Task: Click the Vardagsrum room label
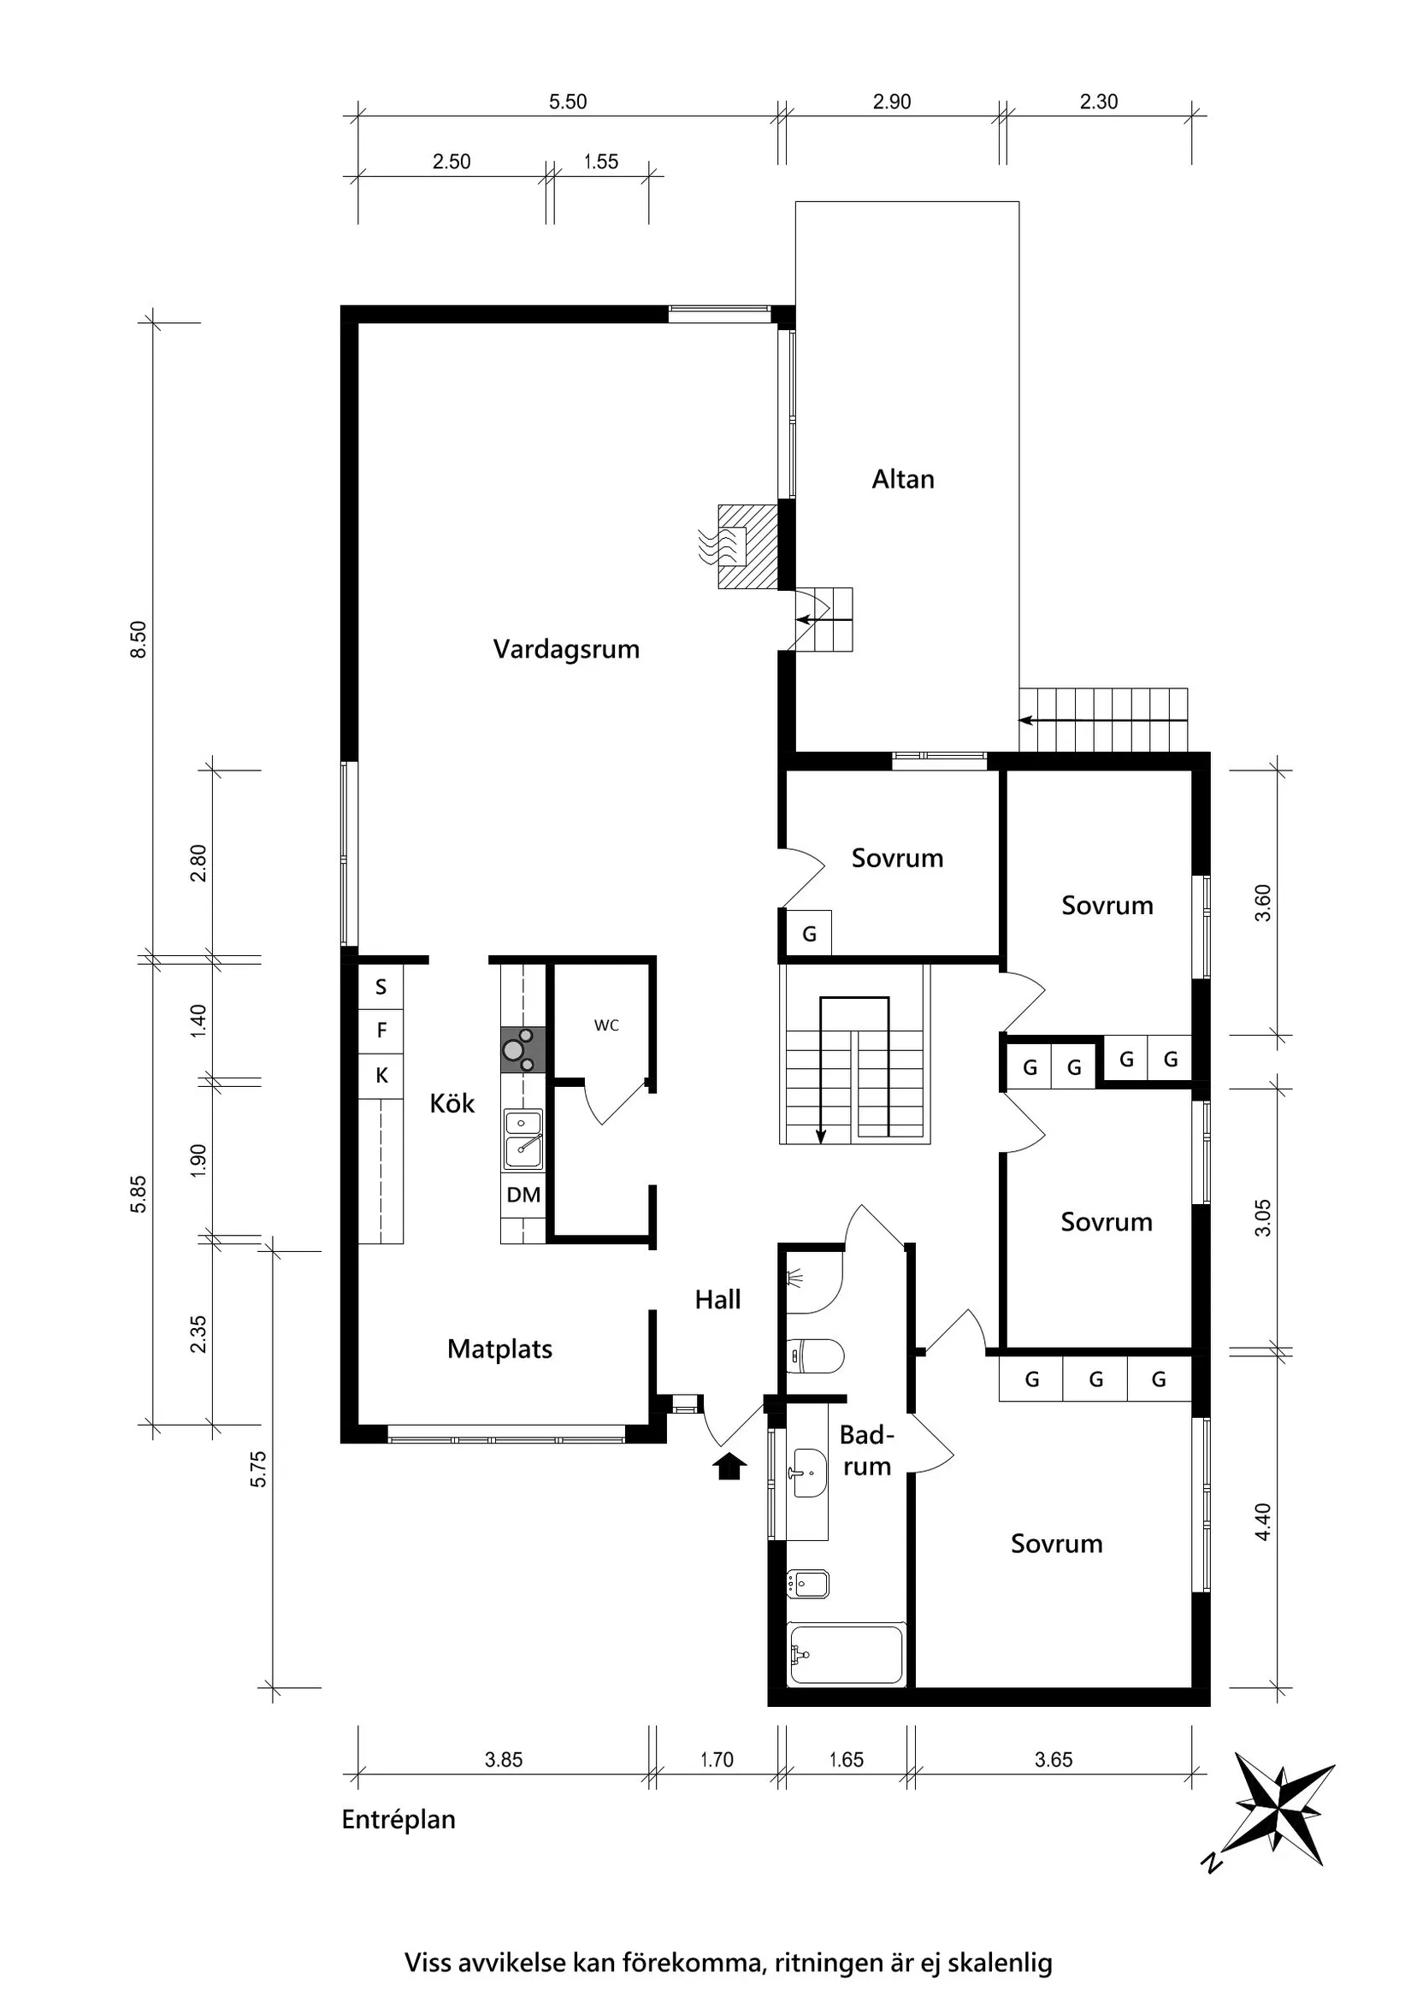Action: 566,649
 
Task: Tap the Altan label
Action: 902,479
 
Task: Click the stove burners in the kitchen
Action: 522,1049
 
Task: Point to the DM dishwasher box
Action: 522,1195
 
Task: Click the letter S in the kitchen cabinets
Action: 381,987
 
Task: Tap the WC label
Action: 606,1025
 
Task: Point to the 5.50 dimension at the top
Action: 568,102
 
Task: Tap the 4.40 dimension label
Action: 1263,1521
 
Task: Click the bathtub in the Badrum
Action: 845,1653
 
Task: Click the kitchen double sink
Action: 522,1139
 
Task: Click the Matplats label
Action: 499,1349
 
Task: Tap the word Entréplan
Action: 399,1820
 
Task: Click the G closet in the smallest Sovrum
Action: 808,935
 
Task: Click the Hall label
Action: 717,1300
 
